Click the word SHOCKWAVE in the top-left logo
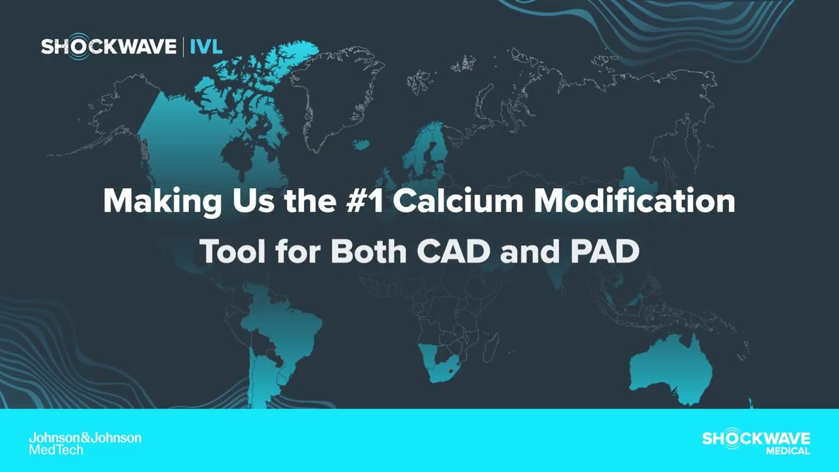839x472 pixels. pyautogui.click(x=108, y=47)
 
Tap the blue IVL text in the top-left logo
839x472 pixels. pyautogui.click(x=206, y=47)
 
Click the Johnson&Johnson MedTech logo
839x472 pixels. pyautogui.click(x=85, y=443)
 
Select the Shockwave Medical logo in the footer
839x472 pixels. pyautogui.click(x=756, y=442)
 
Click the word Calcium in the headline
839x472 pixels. pyautogui.click(x=458, y=201)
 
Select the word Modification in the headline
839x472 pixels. pyautogui.click(x=634, y=201)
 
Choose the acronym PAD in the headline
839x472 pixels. pyautogui.click(x=604, y=252)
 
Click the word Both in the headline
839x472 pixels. pyautogui.click(x=369, y=252)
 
